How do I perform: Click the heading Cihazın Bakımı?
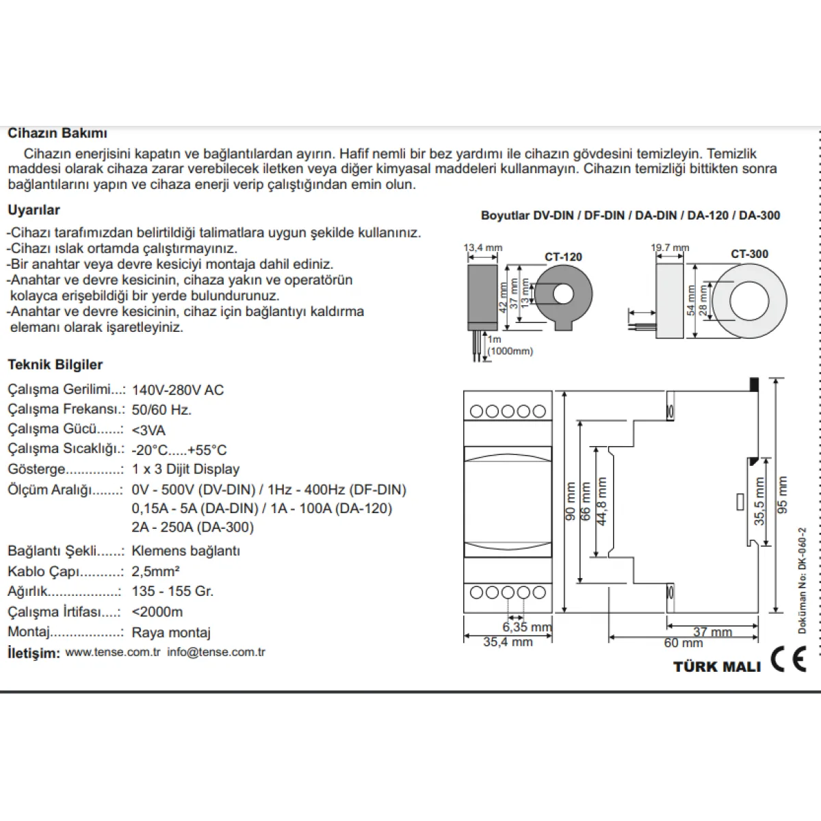point(57,133)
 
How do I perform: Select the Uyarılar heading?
point(34,209)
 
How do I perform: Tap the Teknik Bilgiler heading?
point(55,364)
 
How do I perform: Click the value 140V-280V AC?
point(178,389)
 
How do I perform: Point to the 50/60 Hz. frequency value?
point(161,409)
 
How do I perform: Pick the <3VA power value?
point(148,430)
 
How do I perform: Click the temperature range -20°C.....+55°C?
point(179,450)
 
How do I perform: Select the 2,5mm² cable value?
point(155,571)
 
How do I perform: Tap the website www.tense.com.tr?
point(113,652)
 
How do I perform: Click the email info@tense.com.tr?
point(216,652)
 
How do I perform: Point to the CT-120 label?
point(563,257)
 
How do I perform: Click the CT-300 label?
point(749,254)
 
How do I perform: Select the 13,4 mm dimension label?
point(483,248)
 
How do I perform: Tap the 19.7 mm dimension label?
point(670,248)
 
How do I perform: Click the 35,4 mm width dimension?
point(508,642)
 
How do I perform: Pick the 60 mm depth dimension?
point(683,642)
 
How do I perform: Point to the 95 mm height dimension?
point(782,495)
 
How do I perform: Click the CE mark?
point(788,659)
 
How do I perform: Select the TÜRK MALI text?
point(717,666)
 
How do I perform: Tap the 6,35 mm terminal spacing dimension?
point(527,627)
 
